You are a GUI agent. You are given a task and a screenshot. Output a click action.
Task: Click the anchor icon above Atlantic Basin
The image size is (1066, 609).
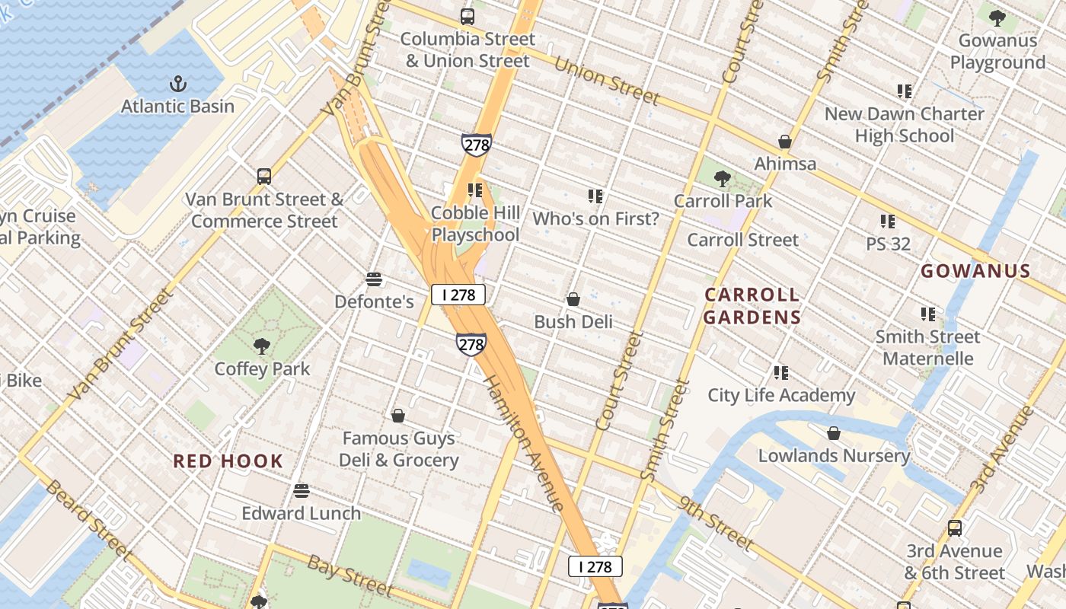click(x=177, y=83)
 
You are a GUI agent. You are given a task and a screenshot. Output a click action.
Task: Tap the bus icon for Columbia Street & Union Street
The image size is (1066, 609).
click(x=468, y=16)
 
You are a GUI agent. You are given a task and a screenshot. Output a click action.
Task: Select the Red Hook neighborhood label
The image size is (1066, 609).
click(x=228, y=461)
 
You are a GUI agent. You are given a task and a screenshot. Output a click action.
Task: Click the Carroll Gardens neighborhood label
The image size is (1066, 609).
click(x=752, y=306)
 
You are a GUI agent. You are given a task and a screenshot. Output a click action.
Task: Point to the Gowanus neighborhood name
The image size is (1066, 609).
click(x=975, y=271)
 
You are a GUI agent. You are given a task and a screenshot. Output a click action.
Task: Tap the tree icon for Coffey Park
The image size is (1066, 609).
click(x=262, y=346)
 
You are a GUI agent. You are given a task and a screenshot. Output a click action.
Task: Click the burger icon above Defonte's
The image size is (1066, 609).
click(x=373, y=279)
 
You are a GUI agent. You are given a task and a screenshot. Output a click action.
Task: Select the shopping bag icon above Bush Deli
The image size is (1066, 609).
click(x=573, y=299)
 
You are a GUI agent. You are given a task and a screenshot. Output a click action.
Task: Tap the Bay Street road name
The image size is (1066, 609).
click(x=350, y=575)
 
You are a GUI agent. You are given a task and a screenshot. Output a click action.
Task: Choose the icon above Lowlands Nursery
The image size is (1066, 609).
click(x=834, y=433)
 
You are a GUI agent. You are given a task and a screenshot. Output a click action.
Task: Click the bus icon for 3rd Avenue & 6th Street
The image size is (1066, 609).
click(x=954, y=528)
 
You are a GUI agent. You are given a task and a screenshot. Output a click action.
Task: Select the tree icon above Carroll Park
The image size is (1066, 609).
click(x=722, y=179)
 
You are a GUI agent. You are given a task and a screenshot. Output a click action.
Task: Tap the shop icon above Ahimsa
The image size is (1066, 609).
click(x=785, y=142)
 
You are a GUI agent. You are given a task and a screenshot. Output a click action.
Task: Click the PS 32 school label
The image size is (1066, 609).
click(x=888, y=244)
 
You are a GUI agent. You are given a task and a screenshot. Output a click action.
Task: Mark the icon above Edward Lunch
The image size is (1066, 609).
click(x=302, y=490)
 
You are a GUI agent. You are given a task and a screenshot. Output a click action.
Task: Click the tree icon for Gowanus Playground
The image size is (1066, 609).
click(x=997, y=18)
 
